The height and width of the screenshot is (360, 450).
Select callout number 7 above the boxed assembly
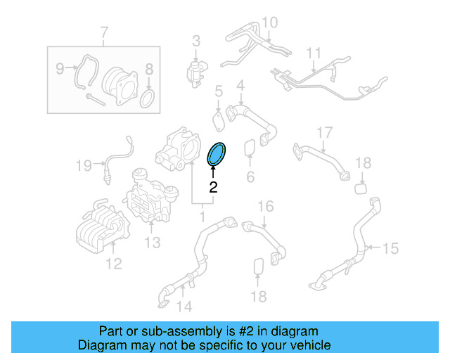(104, 32)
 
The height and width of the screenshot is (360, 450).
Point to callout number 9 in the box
(60, 68)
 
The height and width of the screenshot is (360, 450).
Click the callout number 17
(323, 133)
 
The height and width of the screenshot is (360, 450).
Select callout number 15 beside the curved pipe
(390, 247)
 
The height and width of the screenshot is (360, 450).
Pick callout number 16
(264, 207)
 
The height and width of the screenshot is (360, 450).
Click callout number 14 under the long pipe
(184, 306)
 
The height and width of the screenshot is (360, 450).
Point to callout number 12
(113, 264)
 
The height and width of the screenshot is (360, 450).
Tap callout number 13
(153, 243)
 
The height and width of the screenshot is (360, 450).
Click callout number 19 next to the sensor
(84, 166)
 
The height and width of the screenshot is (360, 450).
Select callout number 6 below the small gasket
(250, 176)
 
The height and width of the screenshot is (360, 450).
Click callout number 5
(219, 91)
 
